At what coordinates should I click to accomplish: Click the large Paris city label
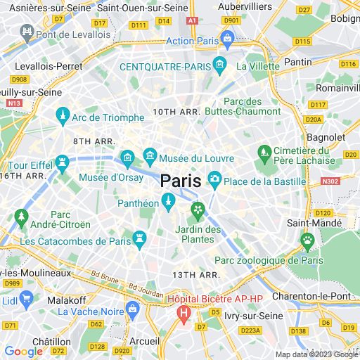[x=181, y=181]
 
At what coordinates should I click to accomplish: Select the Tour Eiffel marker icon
[x=63, y=162]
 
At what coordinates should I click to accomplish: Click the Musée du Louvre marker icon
[x=149, y=155]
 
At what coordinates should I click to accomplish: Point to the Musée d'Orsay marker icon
[x=127, y=156]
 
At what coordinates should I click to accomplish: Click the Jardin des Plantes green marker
[x=198, y=209]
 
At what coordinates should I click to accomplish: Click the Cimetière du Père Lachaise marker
[x=264, y=151]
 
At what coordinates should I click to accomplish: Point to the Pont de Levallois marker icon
[x=27, y=33]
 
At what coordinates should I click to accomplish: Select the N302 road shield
[x=329, y=181]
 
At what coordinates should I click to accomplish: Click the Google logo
[x=23, y=352]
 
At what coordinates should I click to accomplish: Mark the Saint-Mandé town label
[x=314, y=223]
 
